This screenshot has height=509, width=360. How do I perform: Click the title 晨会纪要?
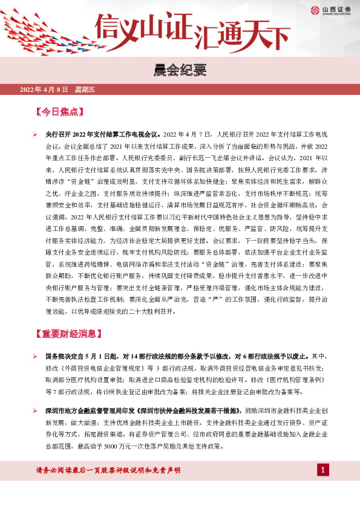180,72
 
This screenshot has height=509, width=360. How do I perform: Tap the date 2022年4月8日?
44,90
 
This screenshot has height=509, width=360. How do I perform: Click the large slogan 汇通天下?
241,30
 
